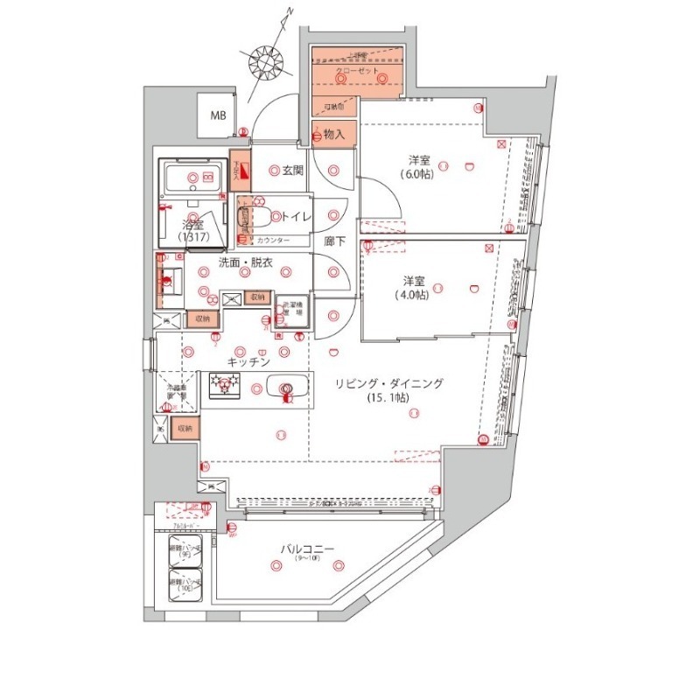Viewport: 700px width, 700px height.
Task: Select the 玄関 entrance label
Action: (291, 170)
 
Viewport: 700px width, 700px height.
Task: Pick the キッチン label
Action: (248, 360)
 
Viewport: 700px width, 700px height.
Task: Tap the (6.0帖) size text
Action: (417, 173)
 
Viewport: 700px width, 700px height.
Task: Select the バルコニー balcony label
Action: (306, 549)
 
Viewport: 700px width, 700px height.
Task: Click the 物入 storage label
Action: (333, 135)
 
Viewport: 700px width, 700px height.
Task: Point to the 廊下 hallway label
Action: (332, 239)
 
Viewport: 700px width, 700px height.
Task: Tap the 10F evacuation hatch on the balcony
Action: (185, 586)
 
